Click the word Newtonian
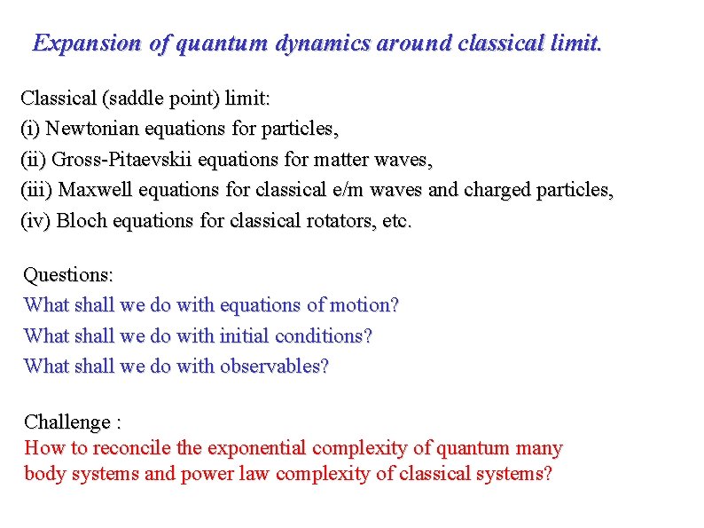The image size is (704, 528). [91, 129]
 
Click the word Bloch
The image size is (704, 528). [79, 221]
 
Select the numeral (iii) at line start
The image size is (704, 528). [36, 190]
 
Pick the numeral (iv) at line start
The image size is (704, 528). [35, 221]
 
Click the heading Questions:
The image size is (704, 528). [68, 275]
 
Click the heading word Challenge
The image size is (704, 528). [67, 422]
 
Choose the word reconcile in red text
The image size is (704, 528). [133, 449]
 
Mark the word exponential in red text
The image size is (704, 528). [257, 449]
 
